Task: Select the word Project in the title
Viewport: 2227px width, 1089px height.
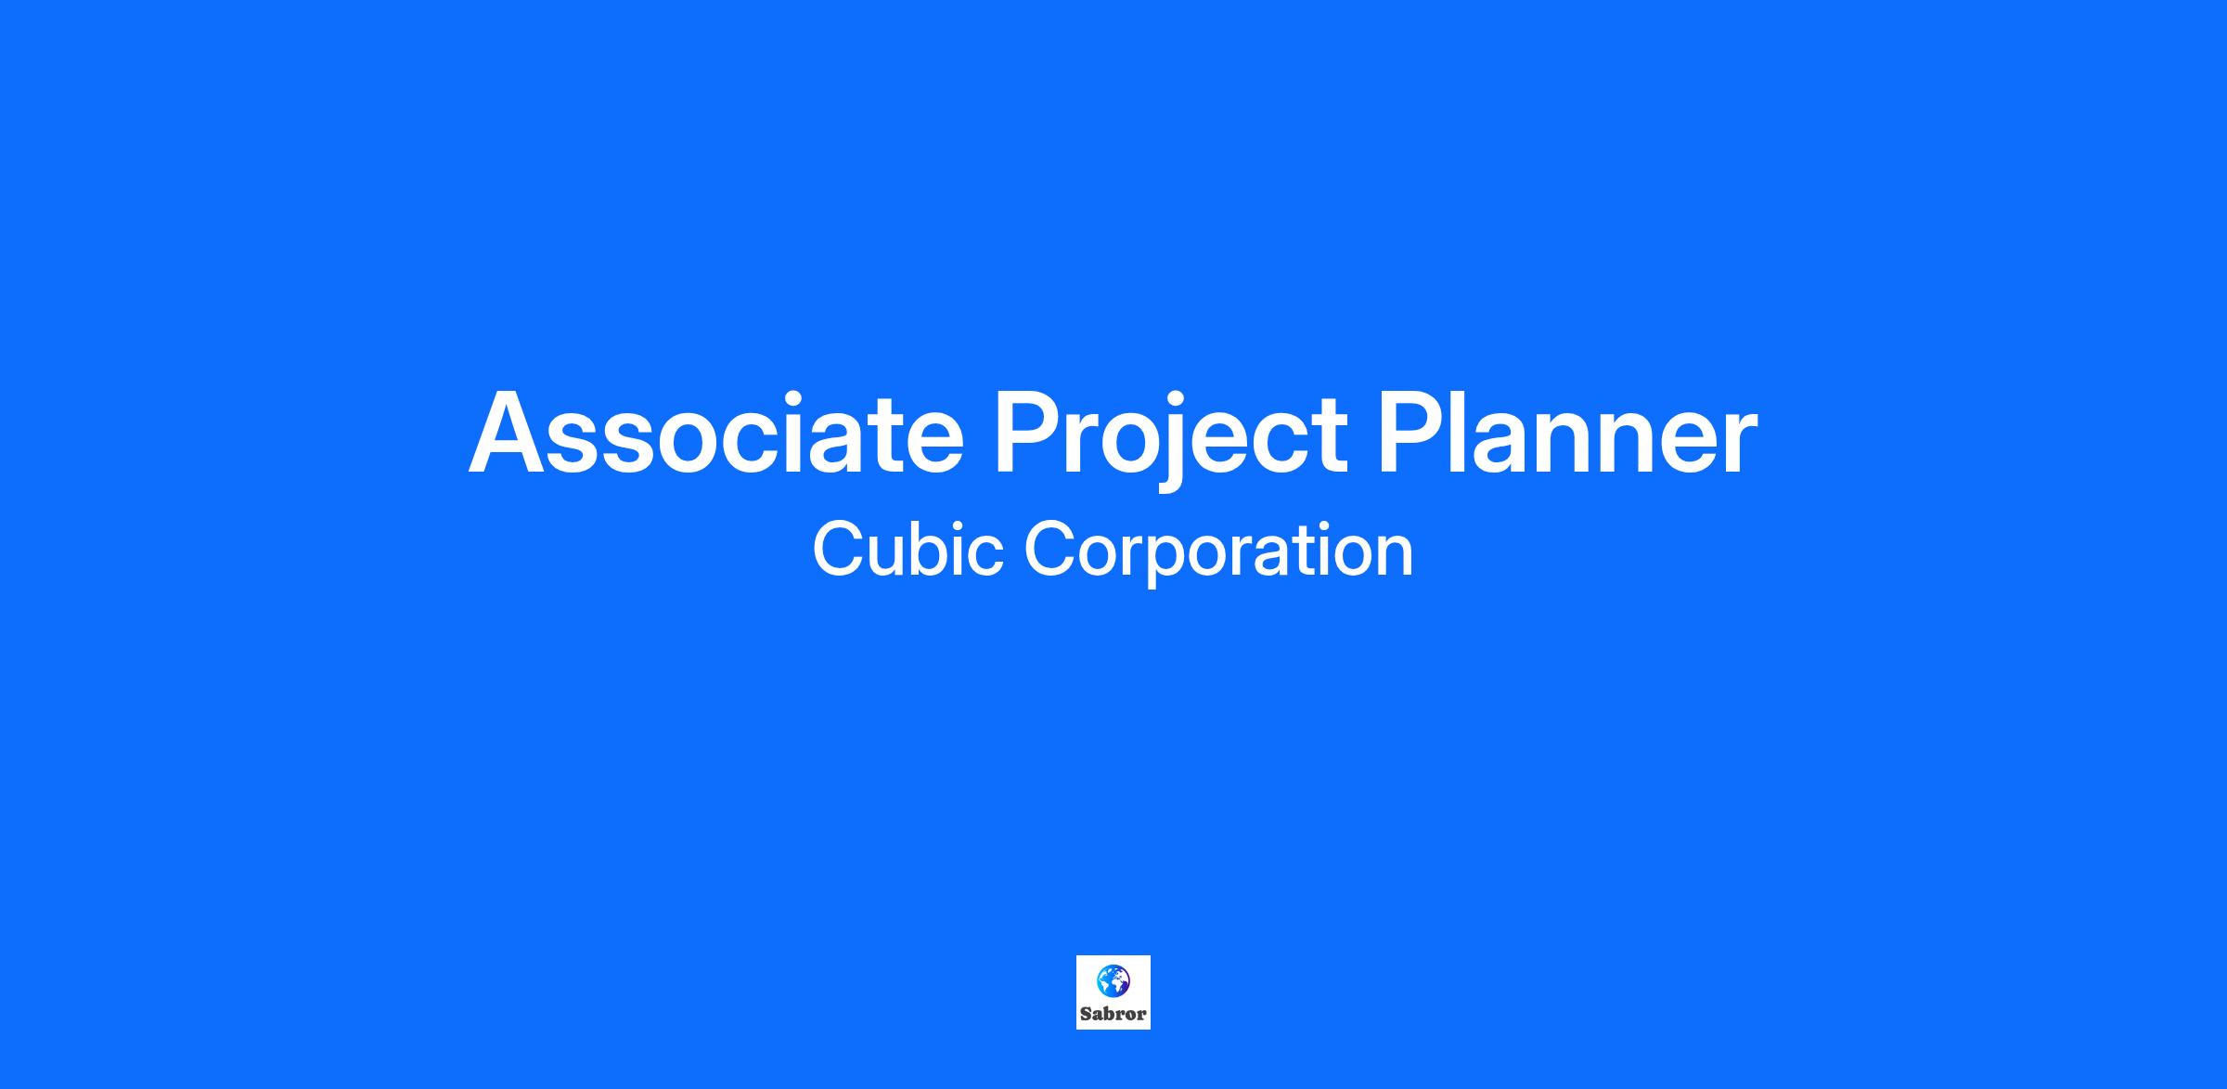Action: coord(1171,438)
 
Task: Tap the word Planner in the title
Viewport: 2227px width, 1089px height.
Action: coord(1567,432)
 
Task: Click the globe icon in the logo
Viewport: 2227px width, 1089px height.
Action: coord(1113,980)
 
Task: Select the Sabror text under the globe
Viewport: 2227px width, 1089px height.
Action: coord(1113,1014)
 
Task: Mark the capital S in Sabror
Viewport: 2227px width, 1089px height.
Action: coord(1086,1014)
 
